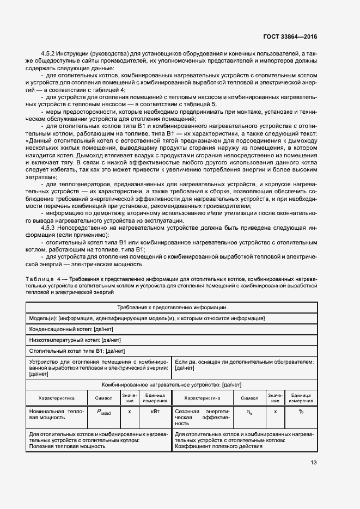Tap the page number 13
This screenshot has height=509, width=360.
click(x=313, y=463)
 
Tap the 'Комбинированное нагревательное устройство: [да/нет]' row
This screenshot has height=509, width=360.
click(x=172, y=384)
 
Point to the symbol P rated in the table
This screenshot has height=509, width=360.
click(x=104, y=413)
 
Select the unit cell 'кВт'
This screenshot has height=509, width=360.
click(x=155, y=412)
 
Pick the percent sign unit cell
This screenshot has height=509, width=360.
click(x=301, y=412)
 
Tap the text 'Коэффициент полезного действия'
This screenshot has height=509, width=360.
click(x=218, y=446)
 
